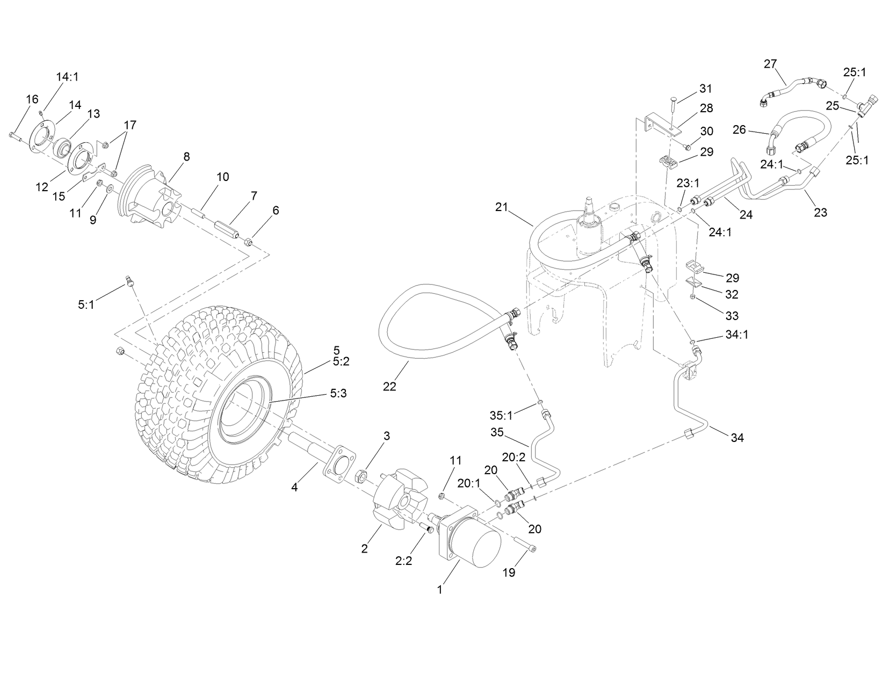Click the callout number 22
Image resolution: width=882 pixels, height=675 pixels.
point(389,386)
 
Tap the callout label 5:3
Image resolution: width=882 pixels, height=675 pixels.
point(338,394)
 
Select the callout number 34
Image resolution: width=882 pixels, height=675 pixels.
point(738,438)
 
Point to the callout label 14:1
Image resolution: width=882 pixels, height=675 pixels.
point(67,77)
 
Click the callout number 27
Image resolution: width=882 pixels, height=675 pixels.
point(770,64)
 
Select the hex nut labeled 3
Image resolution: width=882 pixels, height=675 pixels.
point(362,475)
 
